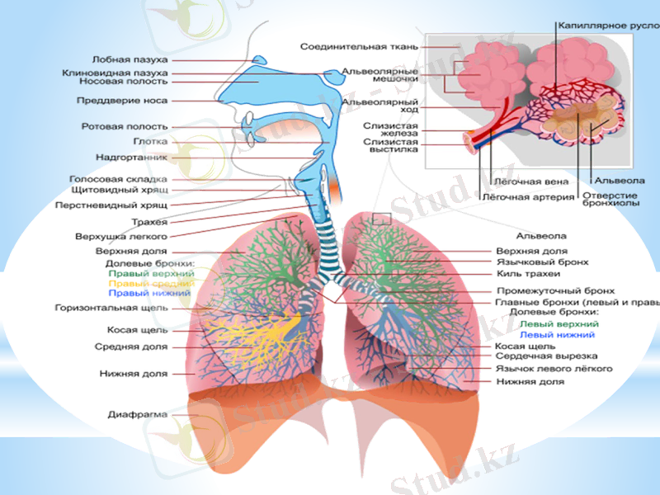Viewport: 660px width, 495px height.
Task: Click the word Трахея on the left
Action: point(149,222)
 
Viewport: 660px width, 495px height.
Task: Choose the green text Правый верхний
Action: point(150,272)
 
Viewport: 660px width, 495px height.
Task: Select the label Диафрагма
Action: point(138,413)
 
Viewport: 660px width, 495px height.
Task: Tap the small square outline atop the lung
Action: point(381,219)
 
